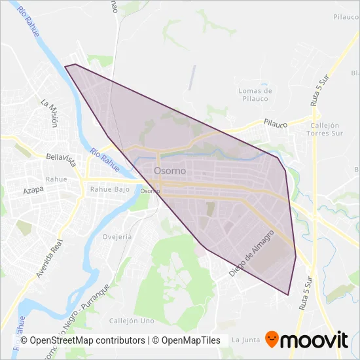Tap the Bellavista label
click(63, 158)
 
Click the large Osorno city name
click(170, 170)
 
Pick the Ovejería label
click(118, 237)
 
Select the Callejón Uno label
click(132, 321)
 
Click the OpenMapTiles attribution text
click(187, 340)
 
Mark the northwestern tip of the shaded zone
click(65, 65)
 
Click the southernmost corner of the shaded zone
click(288, 295)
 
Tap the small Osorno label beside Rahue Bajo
click(150, 191)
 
